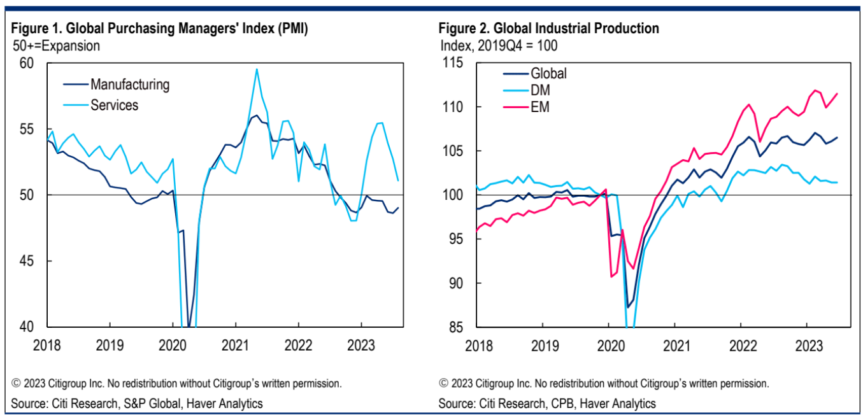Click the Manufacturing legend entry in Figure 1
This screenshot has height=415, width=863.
click(130, 84)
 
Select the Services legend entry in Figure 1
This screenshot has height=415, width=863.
click(115, 104)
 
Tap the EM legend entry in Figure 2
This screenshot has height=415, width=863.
click(540, 108)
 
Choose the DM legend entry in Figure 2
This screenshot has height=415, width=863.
click(541, 90)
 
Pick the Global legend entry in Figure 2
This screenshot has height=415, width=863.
click(548, 73)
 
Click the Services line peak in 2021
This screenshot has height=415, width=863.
click(257, 69)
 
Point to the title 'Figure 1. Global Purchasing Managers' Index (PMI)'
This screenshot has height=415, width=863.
click(159, 29)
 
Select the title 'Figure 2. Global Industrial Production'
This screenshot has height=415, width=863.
click(548, 29)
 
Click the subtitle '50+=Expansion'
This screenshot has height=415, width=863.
click(57, 46)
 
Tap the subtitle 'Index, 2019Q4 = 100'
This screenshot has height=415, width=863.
click(499, 46)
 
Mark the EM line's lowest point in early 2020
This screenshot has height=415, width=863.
click(612, 276)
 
